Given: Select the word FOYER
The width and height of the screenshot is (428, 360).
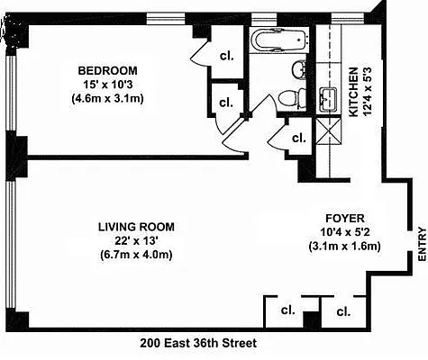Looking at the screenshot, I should pyautogui.click(x=343, y=217).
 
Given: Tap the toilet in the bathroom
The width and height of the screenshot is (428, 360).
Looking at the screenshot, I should pyautogui.click(x=289, y=98).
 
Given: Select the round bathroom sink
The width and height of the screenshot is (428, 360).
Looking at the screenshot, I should pyautogui.click(x=298, y=68).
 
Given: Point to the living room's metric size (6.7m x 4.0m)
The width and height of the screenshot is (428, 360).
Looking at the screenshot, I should pyautogui.click(x=135, y=255).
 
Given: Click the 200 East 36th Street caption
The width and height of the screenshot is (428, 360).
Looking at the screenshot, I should pyautogui.click(x=199, y=344).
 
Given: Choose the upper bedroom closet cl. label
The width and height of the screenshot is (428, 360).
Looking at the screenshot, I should pyautogui.click(x=226, y=56).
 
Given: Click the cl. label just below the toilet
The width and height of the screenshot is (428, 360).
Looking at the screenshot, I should pyautogui.click(x=297, y=138).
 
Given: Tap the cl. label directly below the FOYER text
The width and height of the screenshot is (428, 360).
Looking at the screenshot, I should pyautogui.click(x=342, y=311).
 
